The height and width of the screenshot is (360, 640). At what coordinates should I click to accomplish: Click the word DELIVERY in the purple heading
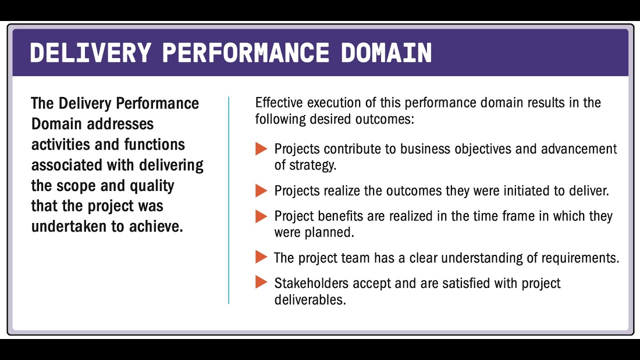[x=90, y=53]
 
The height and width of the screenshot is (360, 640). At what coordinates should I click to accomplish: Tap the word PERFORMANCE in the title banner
[x=245, y=53]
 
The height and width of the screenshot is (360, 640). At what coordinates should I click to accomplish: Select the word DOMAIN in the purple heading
[x=386, y=53]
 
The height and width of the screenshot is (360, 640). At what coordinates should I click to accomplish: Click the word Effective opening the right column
[x=279, y=103]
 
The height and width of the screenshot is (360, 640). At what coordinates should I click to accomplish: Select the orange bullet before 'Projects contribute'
[x=261, y=149]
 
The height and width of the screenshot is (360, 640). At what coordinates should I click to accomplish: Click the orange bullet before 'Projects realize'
[x=261, y=190]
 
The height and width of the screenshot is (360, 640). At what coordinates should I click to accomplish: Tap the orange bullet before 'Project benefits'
[x=261, y=216]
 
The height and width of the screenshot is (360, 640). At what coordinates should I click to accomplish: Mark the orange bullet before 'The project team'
[x=261, y=257]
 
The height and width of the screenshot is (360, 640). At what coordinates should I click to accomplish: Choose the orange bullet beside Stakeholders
[x=261, y=282]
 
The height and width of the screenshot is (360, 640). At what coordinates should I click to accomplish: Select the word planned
[x=334, y=232]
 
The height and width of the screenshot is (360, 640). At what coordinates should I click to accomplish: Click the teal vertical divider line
[x=228, y=200]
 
